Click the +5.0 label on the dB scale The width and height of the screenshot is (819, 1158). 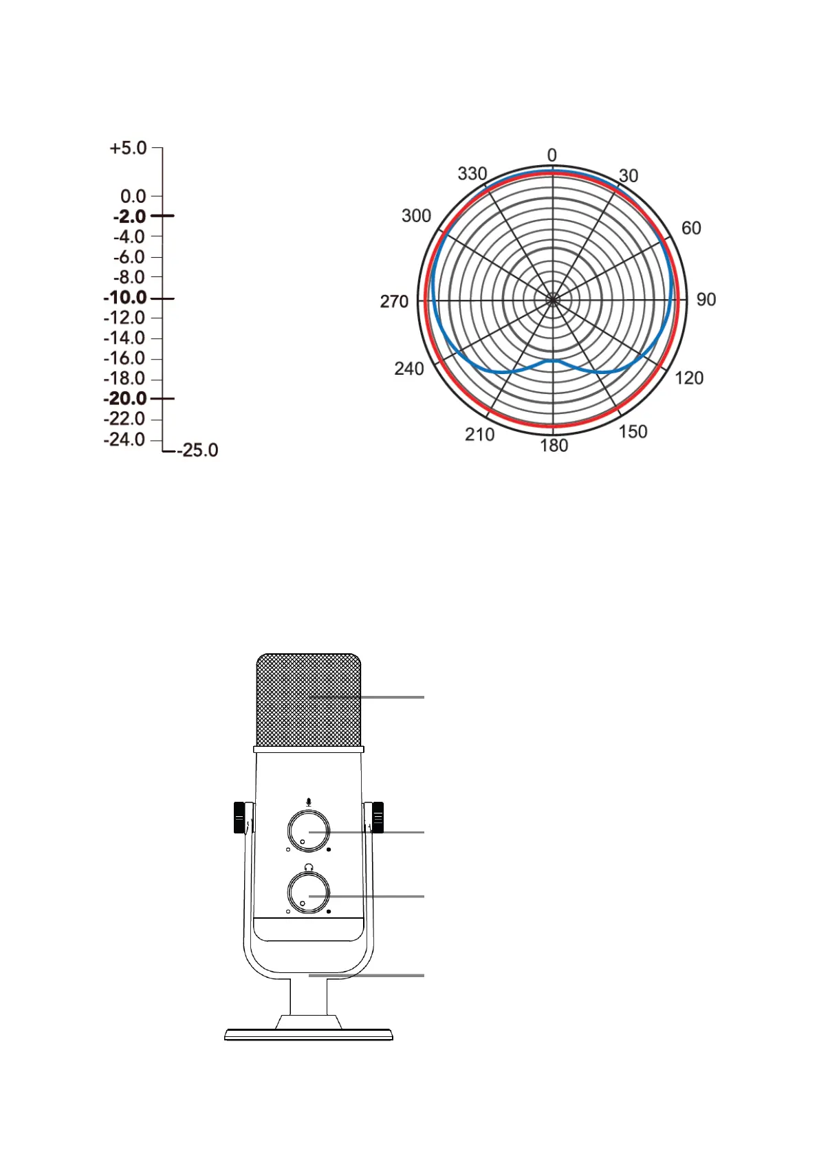coord(128,149)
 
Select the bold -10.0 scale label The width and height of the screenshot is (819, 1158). coord(125,298)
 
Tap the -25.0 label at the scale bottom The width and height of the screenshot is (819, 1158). coord(197,450)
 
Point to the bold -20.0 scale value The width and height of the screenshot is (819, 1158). coord(125,399)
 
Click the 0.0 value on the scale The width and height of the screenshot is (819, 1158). coord(133,197)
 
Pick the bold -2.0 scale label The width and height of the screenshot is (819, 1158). coord(130,216)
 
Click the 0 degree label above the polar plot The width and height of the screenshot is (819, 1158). coord(552,155)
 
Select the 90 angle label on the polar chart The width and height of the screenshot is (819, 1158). coord(706,299)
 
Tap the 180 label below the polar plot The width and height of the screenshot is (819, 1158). coord(554,446)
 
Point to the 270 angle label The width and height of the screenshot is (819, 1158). coord(395,301)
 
